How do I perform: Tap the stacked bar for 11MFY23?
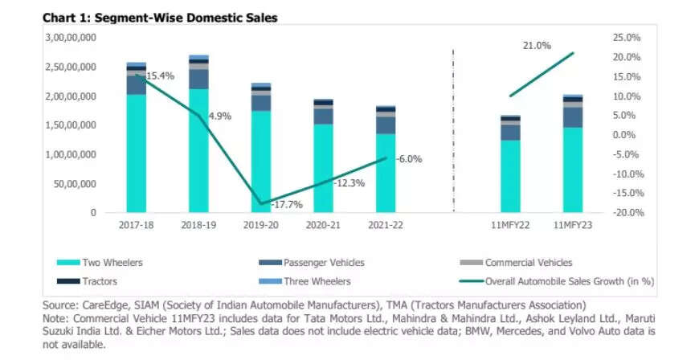tap(573, 153)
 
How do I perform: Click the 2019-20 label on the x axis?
tap(260, 226)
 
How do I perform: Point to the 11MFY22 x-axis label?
tap(510, 226)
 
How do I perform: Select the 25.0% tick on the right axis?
tap(603, 38)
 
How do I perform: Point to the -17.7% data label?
tap(287, 205)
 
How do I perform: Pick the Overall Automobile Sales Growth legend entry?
tap(566, 281)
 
